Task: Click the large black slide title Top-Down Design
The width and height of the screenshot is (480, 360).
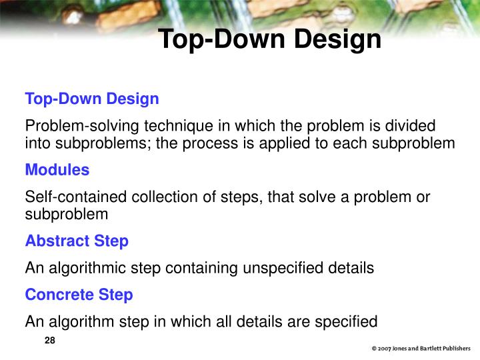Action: point(269,39)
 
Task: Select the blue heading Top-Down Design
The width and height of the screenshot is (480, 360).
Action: point(92,99)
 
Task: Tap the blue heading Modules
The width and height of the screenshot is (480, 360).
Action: point(57,170)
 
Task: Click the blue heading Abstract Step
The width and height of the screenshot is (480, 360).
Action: point(77,241)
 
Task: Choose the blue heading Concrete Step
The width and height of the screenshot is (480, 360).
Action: point(79,295)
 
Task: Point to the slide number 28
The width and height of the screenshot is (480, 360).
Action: point(49,341)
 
